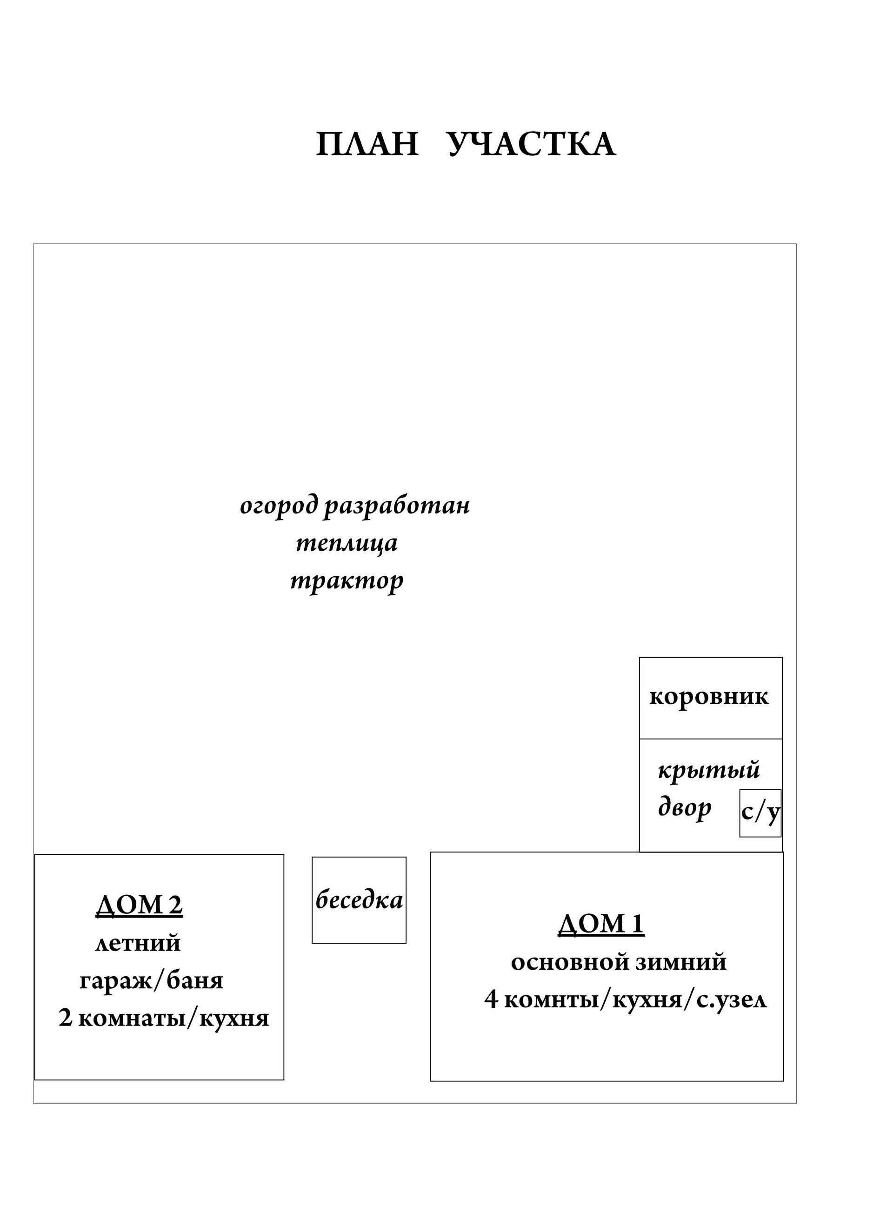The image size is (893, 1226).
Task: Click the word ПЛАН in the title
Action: (367, 145)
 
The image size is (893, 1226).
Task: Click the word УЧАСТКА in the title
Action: (532, 145)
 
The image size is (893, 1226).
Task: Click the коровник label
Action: (709, 697)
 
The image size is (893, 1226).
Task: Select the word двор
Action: (684, 807)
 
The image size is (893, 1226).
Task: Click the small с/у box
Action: (760, 813)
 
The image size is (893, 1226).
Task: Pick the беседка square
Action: (359, 900)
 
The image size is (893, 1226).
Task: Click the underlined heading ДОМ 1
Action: (601, 923)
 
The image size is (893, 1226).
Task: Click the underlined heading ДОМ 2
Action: (140, 905)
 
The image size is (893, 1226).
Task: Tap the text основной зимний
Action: (619, 962)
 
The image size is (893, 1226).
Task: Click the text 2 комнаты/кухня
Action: (164, 1019)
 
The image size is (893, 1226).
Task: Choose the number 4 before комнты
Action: (491, 999)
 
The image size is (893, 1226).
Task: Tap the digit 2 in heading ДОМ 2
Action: (175, 905)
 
